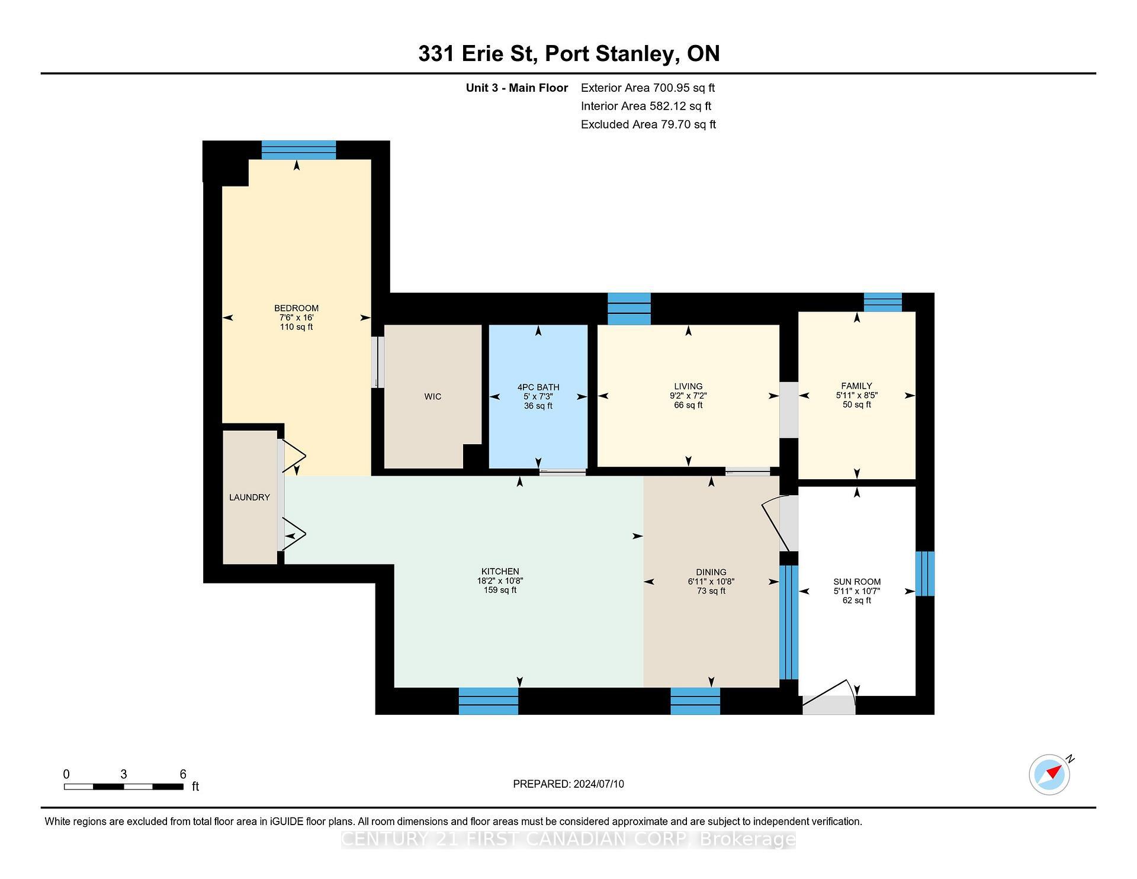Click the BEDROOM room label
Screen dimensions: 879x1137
(296, 308)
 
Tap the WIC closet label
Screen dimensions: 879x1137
(432, 397)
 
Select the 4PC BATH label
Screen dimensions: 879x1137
(538, 387)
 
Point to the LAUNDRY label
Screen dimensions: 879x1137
(249, 498)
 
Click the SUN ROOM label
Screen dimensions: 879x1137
(856, 582)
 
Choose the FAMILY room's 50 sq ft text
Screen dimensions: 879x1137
(856, 405)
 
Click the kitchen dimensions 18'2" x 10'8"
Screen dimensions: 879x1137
(500, 581)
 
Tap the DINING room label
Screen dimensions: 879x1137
(711, 572)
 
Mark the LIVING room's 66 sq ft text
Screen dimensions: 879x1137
(688, 406)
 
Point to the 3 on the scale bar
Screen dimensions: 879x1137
(123, 774)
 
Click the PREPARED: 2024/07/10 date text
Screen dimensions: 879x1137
(568, 784)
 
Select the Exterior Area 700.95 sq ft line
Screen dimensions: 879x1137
(647, 88)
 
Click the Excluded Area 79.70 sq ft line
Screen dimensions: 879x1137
(648, 125)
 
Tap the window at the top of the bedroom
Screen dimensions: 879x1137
(298, 150)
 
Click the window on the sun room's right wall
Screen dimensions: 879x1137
(924, 573)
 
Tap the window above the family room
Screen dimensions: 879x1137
(882, 302)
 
